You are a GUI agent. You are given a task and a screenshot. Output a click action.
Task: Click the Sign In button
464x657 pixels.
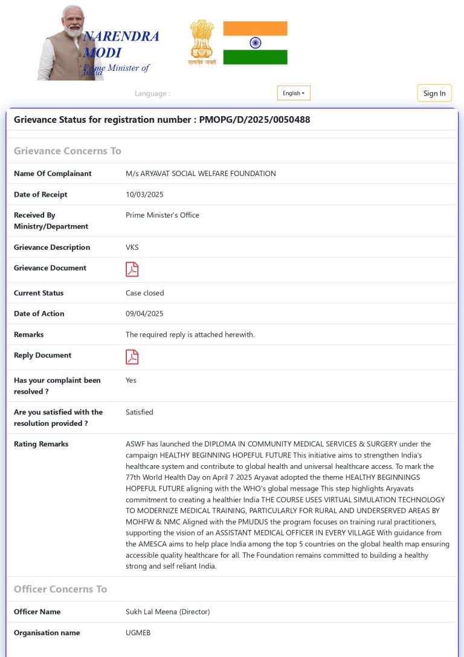point(434,93)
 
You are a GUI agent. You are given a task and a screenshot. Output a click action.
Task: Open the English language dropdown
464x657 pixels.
point(294,93)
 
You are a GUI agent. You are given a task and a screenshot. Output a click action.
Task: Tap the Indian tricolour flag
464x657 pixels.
point(255,43)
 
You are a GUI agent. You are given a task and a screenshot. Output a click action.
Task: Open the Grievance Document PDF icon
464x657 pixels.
point(132,269)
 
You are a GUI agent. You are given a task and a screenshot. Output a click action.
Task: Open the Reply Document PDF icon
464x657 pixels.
point(132,357)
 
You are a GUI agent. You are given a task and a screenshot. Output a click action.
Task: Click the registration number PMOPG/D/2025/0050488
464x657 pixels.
point(254,120)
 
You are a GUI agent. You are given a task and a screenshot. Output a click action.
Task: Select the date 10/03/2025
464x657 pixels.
point(144,195)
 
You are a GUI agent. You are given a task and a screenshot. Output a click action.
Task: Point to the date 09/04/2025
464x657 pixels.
point(144,314)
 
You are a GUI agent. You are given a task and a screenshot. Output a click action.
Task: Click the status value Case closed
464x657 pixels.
point(144,293)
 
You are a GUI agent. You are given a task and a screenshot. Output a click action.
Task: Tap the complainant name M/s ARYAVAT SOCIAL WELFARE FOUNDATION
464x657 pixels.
point(201,174)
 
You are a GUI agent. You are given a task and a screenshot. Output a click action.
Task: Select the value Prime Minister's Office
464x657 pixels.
point(162,215)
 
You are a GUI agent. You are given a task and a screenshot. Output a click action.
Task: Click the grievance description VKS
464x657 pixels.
point(132,247)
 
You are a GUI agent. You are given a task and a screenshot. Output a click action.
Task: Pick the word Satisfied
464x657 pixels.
point(139,413)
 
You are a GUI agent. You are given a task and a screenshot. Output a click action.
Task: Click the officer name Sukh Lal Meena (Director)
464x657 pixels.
point(167,612)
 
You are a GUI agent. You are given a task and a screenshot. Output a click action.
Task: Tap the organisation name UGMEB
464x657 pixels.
point(138,633)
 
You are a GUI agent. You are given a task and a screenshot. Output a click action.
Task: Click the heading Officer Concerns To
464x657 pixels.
point(60,589)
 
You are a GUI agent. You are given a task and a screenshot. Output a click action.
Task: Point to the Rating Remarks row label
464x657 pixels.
point(41,444)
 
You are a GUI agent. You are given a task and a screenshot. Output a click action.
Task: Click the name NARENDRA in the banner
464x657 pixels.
point(121,37)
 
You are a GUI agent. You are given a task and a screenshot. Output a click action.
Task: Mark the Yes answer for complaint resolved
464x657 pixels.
point(131,381)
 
